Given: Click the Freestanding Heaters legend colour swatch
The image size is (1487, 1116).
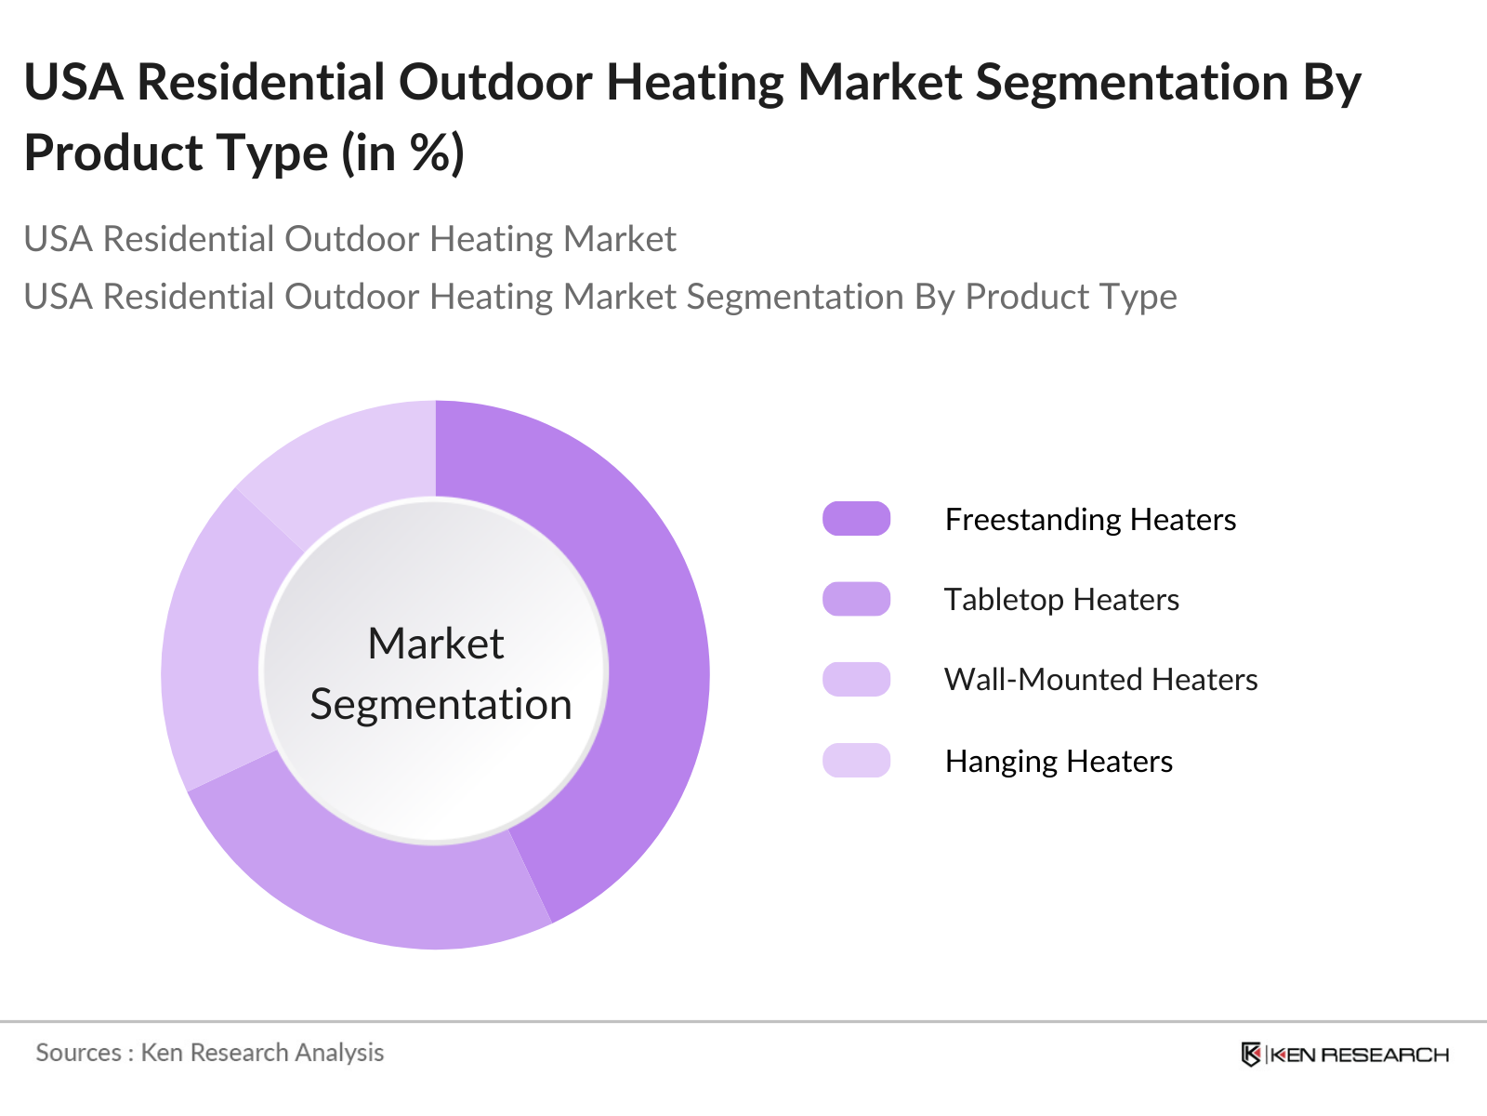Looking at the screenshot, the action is coord(856,519).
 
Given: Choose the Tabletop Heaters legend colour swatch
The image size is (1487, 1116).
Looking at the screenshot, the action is coord(856,599).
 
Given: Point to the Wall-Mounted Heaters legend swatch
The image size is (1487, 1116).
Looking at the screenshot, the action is coord(856,680).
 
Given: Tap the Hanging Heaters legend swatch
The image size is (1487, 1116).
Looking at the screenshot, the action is coord(856,760).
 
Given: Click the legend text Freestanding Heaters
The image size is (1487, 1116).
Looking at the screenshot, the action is coord(1091,520).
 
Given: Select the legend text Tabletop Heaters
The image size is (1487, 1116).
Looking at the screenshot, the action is coord(1061,600).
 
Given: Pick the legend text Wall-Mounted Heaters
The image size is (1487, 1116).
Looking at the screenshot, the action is coord(1101,680).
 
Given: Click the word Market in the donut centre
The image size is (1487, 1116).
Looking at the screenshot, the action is coord(436,643).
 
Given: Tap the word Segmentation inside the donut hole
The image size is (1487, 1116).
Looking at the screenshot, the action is coord(441,705).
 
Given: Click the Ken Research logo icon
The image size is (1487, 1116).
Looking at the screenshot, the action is coord(1251,1055).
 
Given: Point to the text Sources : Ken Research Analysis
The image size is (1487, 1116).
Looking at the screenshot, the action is coord(210,1053).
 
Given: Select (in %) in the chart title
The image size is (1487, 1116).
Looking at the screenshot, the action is coord(402,153).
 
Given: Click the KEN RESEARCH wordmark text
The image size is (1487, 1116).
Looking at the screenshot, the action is coord(1360,1055).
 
